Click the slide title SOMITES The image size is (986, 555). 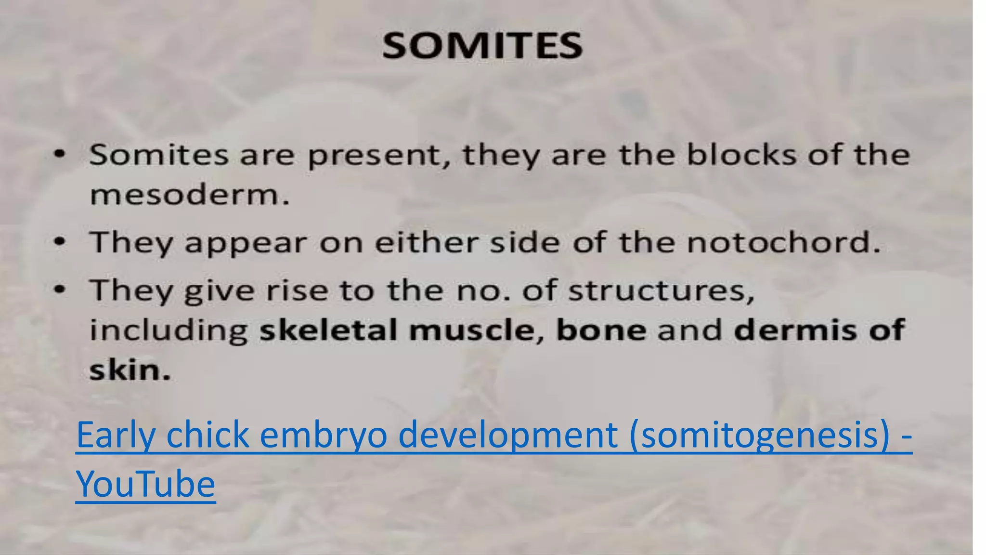[482, 46]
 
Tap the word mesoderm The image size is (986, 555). [190, 195]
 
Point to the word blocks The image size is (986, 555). [741, 155]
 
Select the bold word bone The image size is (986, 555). [601, 330]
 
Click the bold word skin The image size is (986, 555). [130, 370]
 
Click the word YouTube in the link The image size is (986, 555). [145, 484]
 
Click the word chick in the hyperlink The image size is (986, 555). [207, 435]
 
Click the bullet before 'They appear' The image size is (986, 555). [59, 242]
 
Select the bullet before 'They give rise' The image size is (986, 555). [59, 290]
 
